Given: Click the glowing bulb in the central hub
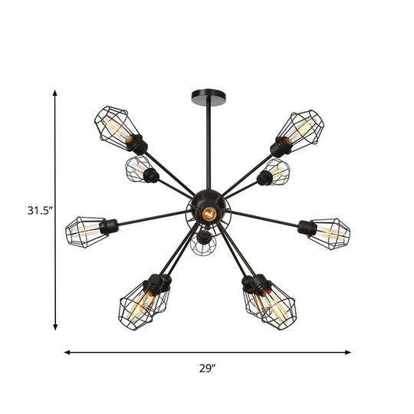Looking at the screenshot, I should [206, 214].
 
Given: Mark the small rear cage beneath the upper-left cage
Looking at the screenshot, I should [139, 169].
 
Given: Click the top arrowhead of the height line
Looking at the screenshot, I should [55, 92].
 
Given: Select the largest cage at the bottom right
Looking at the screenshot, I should [276, 305].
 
